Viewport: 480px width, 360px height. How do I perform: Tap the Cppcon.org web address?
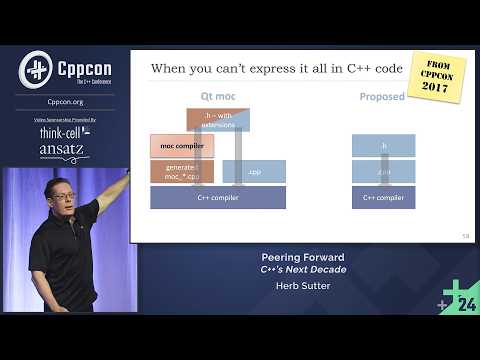[65, 102]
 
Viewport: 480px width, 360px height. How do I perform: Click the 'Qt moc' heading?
[218, 98]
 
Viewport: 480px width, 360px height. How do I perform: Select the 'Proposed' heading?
[382, 98]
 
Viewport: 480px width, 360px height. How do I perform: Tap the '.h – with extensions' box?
[218, 120]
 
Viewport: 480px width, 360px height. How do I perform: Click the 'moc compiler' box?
[182, 146]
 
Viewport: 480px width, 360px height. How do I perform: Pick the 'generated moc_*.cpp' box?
[182, 171]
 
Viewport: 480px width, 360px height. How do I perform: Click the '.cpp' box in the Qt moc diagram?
[254, 171]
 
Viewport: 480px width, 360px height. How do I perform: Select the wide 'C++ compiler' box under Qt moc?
[218, 197]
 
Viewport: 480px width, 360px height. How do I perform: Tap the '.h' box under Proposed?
[383, 146]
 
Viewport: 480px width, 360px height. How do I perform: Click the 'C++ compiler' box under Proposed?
[383, 197]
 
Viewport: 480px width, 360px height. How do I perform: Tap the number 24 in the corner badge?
[466, 305]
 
